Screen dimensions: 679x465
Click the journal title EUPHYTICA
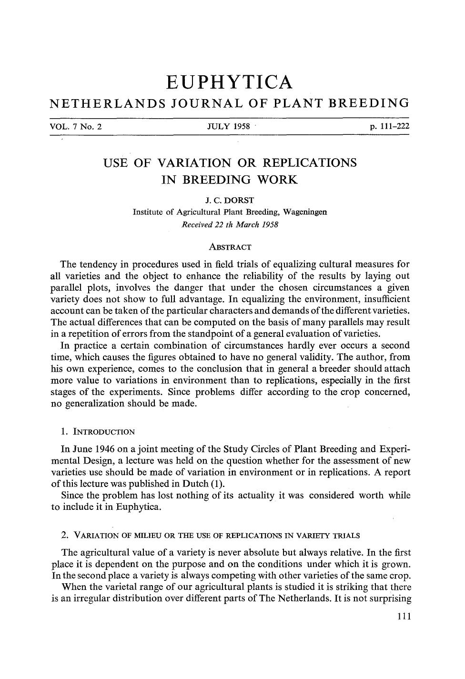[x=229, y=82]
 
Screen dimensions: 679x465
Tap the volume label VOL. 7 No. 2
[x=76, y=127]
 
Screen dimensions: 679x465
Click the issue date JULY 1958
[x=229, y=127]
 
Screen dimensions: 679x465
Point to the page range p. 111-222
[x=386, y=127]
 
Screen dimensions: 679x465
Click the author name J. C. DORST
[x=230, y=201]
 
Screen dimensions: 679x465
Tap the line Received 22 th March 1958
[x=230, y=224]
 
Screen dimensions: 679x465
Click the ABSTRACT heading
[x=230, y=247]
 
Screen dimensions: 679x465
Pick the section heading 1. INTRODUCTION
[x=98, y=432]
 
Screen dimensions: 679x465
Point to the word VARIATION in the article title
[x=194, y=163]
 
